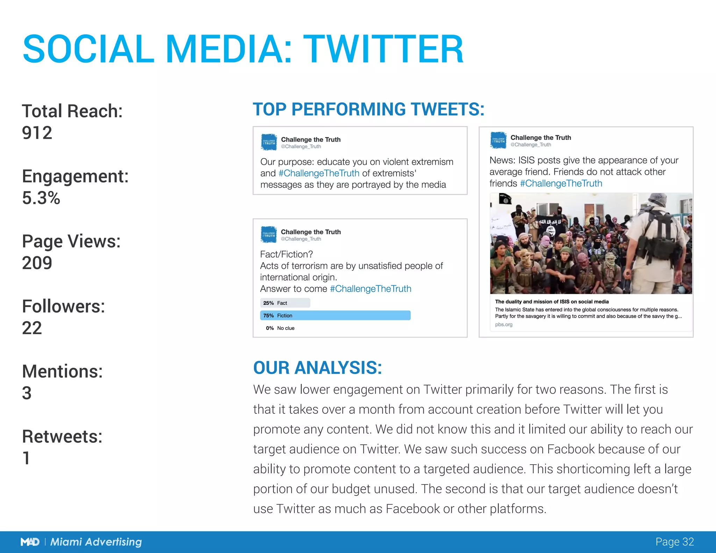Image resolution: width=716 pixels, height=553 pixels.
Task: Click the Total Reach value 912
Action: pos(37,133)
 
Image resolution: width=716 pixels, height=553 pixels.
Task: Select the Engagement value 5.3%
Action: pos(41,198)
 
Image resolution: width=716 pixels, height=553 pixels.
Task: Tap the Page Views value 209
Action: pos(37,263)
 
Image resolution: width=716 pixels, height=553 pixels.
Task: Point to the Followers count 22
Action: pos(32,328)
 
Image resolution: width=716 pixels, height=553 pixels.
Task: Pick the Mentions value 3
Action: pos(27,393)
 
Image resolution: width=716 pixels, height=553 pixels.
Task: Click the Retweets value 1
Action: pos(26,458)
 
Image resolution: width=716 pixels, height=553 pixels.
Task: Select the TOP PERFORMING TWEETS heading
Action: pos(368,109)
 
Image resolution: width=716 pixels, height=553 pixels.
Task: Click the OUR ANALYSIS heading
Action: pos(317,368)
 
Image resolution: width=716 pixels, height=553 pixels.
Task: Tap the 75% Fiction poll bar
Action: pos(335,315)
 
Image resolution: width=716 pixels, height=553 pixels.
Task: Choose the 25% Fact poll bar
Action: pos(285,303)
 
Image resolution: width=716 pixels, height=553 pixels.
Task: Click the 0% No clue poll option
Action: pos(280,328)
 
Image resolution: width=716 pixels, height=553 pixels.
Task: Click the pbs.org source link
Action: pos(504,324)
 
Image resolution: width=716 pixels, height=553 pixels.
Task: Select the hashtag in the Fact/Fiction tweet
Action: pos(371,289)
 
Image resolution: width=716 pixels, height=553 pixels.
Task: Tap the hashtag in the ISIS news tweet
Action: pos(561,183)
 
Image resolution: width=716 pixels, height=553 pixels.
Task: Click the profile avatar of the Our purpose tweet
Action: pos(269,142)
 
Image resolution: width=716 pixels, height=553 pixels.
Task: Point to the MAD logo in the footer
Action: pos(30,542)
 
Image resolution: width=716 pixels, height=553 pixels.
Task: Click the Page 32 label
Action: pos(674,541)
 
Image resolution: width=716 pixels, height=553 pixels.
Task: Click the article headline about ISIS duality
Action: pos(552,301)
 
